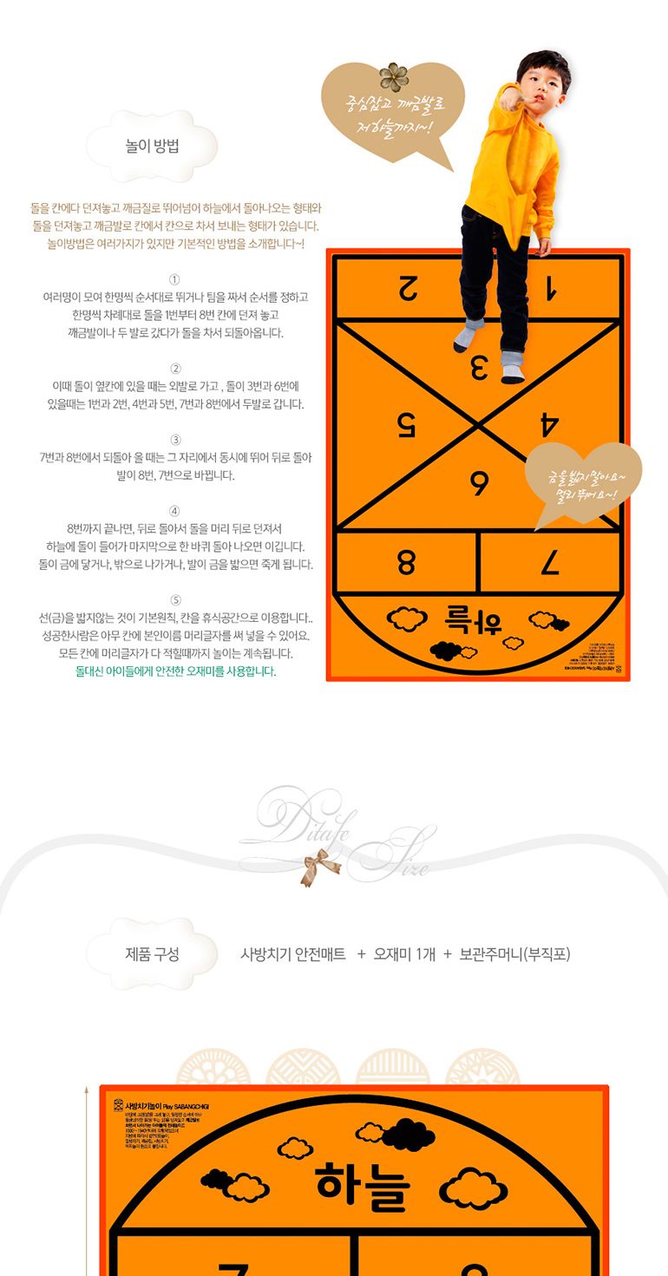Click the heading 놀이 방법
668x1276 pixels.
pos(153,146)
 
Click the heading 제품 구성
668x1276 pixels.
pos(153,954)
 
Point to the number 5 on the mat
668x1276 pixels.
pos(406,424)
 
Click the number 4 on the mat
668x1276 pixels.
pos(549,424)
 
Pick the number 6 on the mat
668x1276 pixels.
pos(478,483)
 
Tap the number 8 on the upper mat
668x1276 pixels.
pos(406,563)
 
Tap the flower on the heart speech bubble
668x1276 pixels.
pos(394,76)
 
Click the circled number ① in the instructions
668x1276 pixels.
pos(174,278)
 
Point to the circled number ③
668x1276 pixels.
pos(174,439)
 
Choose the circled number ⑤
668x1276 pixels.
pos(174,599)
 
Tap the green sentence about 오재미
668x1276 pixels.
pos(176,671)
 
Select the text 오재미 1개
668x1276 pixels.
pos(404,954)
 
